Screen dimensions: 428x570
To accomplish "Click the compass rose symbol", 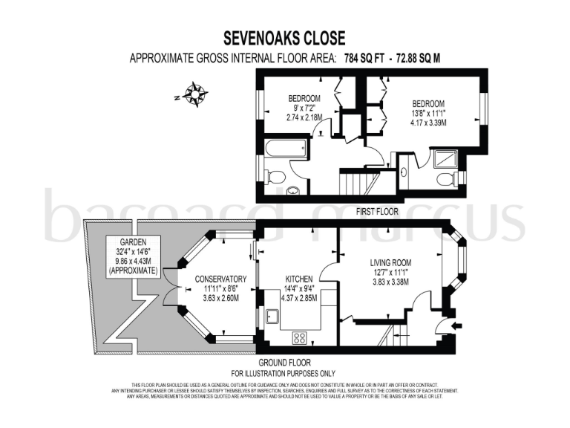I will (x=195, y=95).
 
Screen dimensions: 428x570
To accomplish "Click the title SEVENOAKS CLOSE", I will (x=285, y=38).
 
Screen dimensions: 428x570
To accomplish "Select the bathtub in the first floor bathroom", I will (x=285, y=147).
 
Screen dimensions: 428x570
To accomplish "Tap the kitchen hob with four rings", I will (x=301, y=337).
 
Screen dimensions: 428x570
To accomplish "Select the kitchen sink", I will (x=269, y=317).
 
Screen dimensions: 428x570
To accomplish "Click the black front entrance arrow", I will (x=456, y=325).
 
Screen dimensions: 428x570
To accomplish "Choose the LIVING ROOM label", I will (x=390, y=263).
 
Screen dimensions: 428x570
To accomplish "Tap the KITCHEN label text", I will (x=298, y=279).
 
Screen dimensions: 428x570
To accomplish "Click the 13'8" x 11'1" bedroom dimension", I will (x=428, y=113).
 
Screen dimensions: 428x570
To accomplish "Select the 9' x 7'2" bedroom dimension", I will (x=304, y=108).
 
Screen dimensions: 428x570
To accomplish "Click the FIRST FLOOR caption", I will (x=377, y=212).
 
